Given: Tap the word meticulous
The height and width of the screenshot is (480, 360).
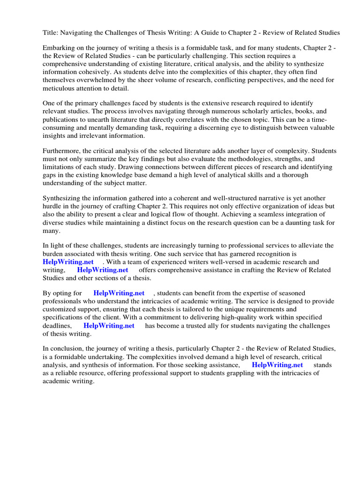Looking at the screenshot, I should click(59, 88).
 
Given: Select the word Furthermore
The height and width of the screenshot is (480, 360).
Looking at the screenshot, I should click(63, 151).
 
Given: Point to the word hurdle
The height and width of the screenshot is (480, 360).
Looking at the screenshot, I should click(53, 207).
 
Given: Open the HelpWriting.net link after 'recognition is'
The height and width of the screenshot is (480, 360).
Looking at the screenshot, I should click(68, 262).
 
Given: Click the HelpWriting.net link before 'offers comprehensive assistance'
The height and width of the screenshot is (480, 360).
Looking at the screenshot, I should click(103, 270).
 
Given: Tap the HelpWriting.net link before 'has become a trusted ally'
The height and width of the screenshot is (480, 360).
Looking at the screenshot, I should click(109, 325).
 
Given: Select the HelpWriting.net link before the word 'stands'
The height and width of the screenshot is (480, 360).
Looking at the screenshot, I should click(277, 365).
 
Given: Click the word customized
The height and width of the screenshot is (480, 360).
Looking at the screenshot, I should click(60, 309).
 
